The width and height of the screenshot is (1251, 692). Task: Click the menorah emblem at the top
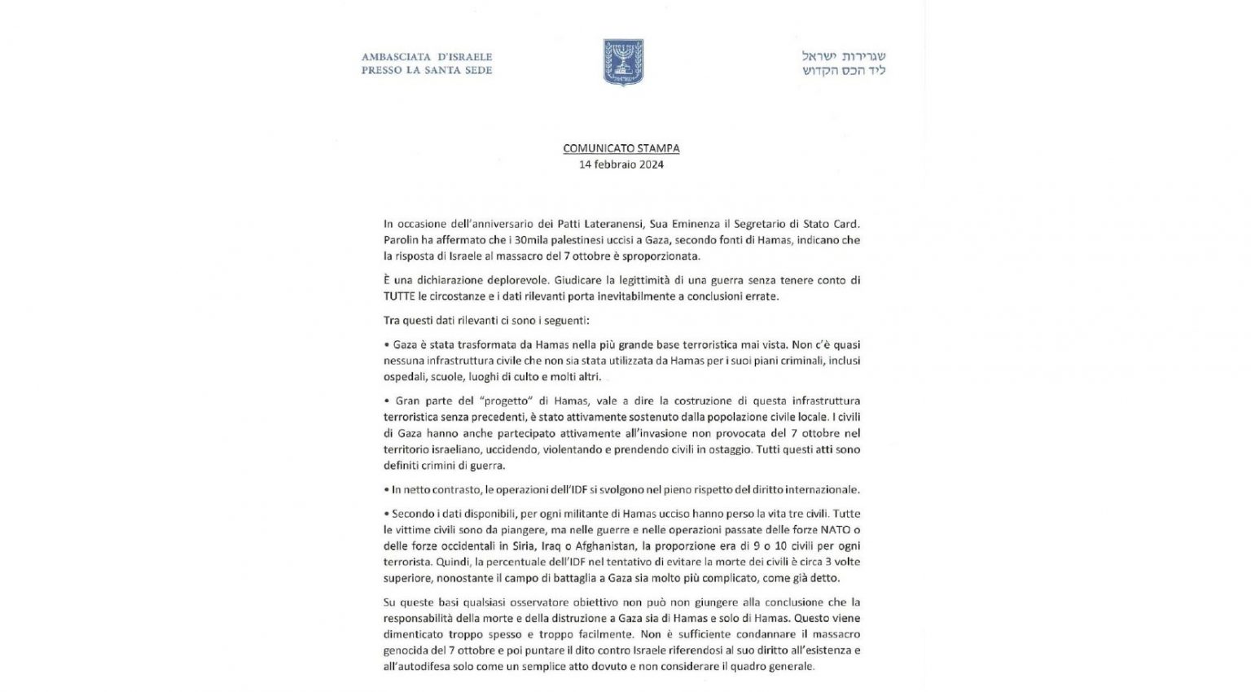click(623, 63)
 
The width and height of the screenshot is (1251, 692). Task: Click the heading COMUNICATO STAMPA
click(621, 148)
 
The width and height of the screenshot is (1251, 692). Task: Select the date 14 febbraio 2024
click(621, 164)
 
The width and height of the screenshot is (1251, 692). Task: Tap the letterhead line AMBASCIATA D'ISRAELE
click(427, 57)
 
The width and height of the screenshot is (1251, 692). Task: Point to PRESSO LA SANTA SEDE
click(427, 70)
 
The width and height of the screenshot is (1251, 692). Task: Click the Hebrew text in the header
click(843, 63)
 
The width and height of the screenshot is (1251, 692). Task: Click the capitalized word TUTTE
click(401, 296)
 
